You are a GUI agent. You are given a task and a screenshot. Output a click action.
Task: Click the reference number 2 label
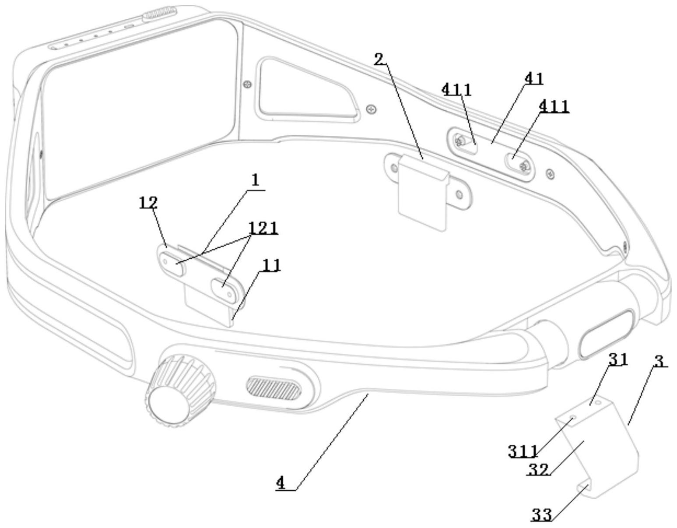[379, 59]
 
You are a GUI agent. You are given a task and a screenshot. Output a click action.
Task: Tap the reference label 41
[534, 78]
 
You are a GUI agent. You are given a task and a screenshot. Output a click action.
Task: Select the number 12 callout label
[148, 203]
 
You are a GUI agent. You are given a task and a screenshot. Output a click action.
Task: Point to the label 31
[618, 359]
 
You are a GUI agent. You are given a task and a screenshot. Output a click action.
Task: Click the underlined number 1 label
[256, 180]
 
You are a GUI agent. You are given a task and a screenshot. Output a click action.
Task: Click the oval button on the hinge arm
[606, 334]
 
